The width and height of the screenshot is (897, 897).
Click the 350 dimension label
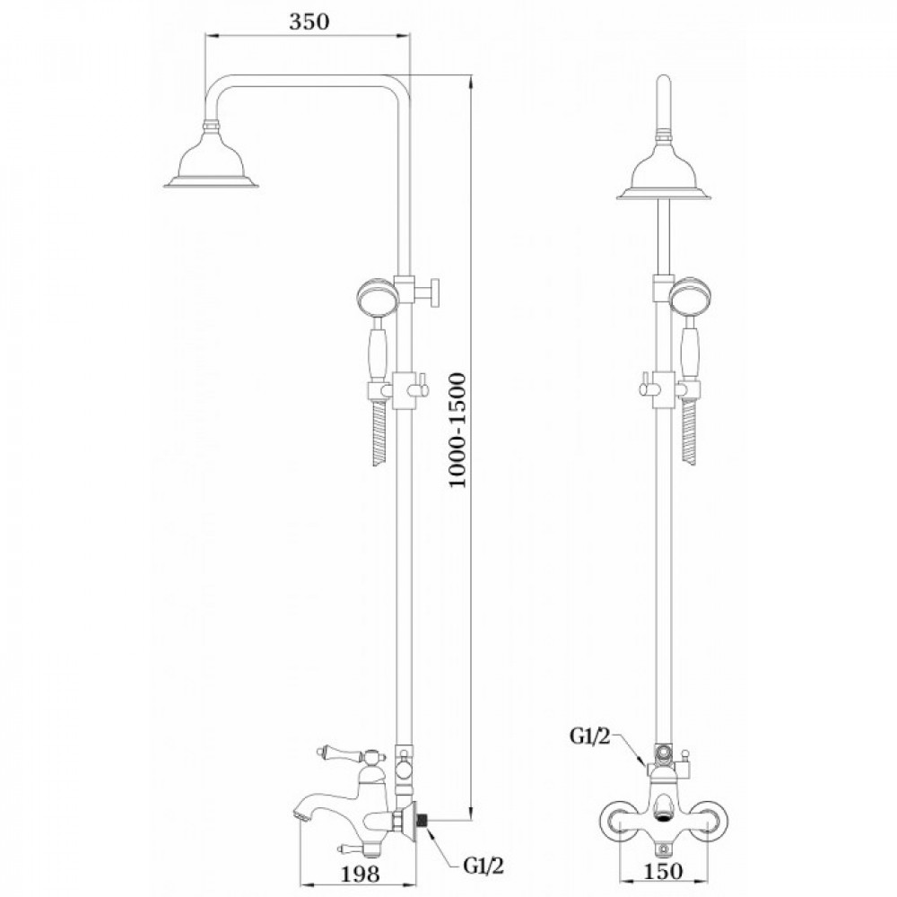(x=309, y=22)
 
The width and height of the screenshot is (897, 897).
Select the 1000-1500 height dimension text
(x=457, y=430)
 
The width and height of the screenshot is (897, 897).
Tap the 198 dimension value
(x=361, y=874)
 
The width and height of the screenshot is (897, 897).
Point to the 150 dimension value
(x=664, y=871)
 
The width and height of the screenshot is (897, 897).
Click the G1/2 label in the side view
(x=484, y=867)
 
